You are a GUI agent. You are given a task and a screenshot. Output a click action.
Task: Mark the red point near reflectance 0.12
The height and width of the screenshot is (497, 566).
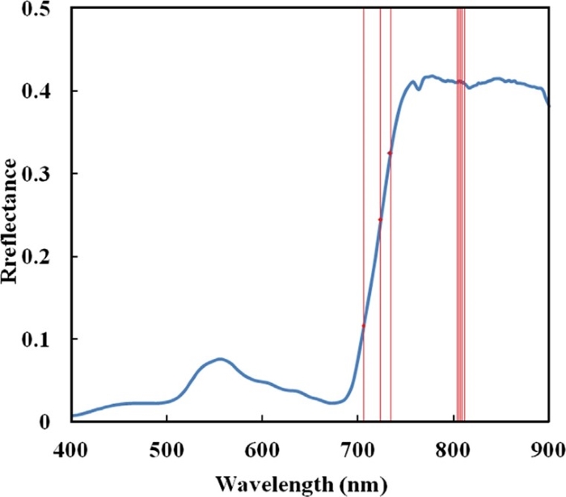[x=364, y=326]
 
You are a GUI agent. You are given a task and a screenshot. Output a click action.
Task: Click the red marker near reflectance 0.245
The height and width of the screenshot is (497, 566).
[x=380, y=220]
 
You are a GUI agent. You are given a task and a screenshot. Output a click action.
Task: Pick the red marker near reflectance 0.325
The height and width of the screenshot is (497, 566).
[x=391, y=153]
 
